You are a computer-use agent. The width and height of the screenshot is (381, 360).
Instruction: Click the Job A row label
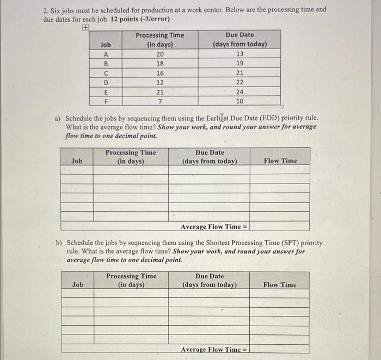point(106,54)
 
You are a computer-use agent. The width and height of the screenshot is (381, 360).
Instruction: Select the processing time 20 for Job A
point(159,54)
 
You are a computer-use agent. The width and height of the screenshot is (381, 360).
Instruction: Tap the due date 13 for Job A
point(239,54)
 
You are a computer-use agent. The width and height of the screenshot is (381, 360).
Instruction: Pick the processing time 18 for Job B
point(159,63)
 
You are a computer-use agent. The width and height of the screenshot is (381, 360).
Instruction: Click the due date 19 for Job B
point(239,63)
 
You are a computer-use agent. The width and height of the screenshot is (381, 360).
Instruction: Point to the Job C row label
point(106,73)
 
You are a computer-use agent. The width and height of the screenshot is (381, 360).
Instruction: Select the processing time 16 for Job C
point(159,73)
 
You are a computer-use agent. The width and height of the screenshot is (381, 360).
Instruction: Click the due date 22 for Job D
point(239,82)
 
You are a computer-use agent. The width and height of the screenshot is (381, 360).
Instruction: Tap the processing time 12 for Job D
point(159,82)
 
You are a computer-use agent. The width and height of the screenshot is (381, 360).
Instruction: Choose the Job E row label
point(106,92)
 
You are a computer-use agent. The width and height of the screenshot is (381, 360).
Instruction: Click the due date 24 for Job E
point(239,92)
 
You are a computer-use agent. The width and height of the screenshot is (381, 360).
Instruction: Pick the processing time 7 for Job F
point(159,101)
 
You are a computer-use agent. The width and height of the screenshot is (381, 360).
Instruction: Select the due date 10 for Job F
point(239,101)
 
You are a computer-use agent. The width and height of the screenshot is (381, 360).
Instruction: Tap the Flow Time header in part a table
point(280,161)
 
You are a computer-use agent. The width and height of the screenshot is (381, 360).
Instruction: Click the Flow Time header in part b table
point(280,285)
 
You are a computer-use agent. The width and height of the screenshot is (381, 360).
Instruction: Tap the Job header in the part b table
point(78,285)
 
